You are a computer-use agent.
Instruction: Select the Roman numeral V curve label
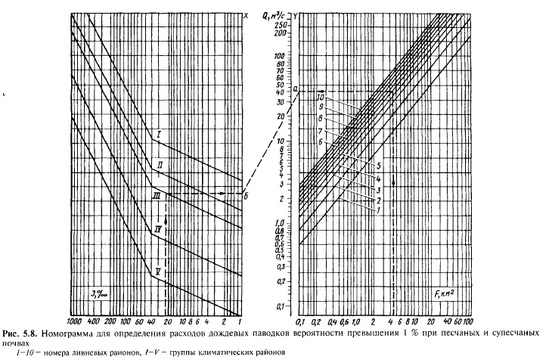[158, 270]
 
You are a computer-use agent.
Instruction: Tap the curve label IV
[157, 228]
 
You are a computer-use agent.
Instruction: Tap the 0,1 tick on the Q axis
[281, 306]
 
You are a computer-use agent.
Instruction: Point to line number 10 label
[321, 98]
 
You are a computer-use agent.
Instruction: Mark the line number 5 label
[376, 164]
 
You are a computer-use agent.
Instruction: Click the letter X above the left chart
[246, 14]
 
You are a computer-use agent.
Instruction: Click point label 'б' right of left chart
[248, 194]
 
